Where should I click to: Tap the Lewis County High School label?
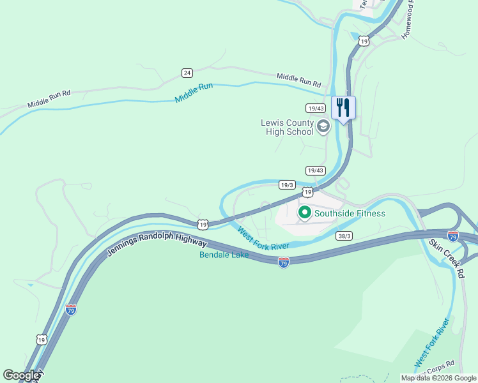287,127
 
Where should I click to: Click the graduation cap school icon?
323,126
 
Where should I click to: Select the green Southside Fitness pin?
305,213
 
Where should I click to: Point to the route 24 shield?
187,72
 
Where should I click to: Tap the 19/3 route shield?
287,185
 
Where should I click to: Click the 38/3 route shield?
345,236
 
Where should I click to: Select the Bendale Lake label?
224,255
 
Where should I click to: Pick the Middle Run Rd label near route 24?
298,80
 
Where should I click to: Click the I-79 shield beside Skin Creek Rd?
453,237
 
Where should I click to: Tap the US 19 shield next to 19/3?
307,192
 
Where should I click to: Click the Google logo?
21,375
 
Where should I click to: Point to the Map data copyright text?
438,378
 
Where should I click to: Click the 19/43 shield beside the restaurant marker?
316,108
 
